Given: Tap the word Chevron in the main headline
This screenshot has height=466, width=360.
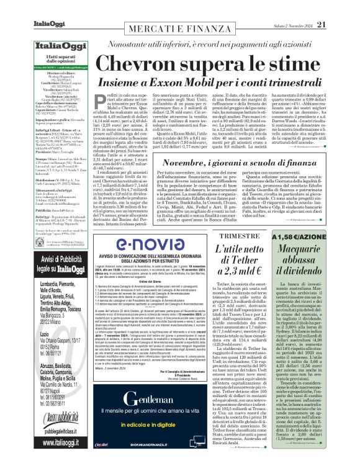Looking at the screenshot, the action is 146,62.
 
